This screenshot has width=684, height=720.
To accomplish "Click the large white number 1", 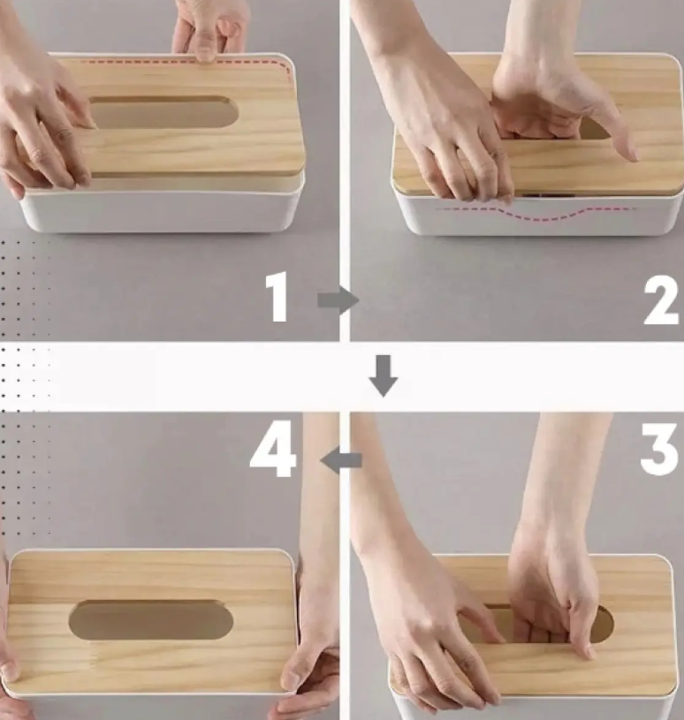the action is click(277, 297).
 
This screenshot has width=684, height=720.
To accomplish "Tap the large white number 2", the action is click(661, 301).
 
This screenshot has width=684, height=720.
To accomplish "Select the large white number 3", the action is click(658, 449).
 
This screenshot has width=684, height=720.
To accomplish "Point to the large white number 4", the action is click(273, 449).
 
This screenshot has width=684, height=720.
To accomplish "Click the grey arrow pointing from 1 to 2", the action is click(338, 300).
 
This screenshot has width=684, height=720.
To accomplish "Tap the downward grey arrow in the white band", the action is click(384, 375).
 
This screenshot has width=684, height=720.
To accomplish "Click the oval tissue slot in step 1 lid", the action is click(163, 112).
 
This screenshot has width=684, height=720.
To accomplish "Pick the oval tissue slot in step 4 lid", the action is click(150, 619).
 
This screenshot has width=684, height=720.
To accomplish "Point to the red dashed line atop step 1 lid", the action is click(184, 64).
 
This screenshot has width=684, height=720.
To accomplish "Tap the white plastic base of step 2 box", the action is click(537, 215).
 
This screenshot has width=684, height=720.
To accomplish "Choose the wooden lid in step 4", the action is click(152, 621).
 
